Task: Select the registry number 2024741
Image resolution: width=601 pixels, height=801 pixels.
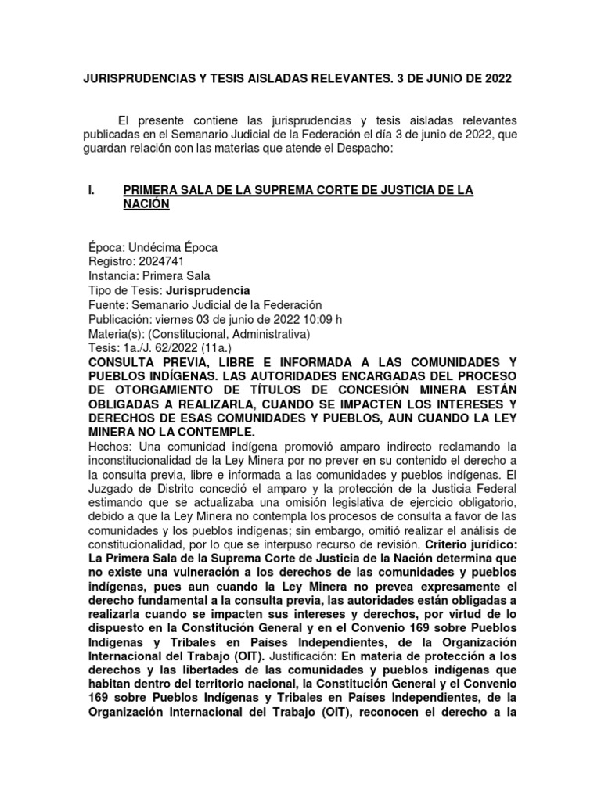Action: click(x=160, y=262)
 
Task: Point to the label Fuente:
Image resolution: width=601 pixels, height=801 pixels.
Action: click(x=109, y=305)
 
